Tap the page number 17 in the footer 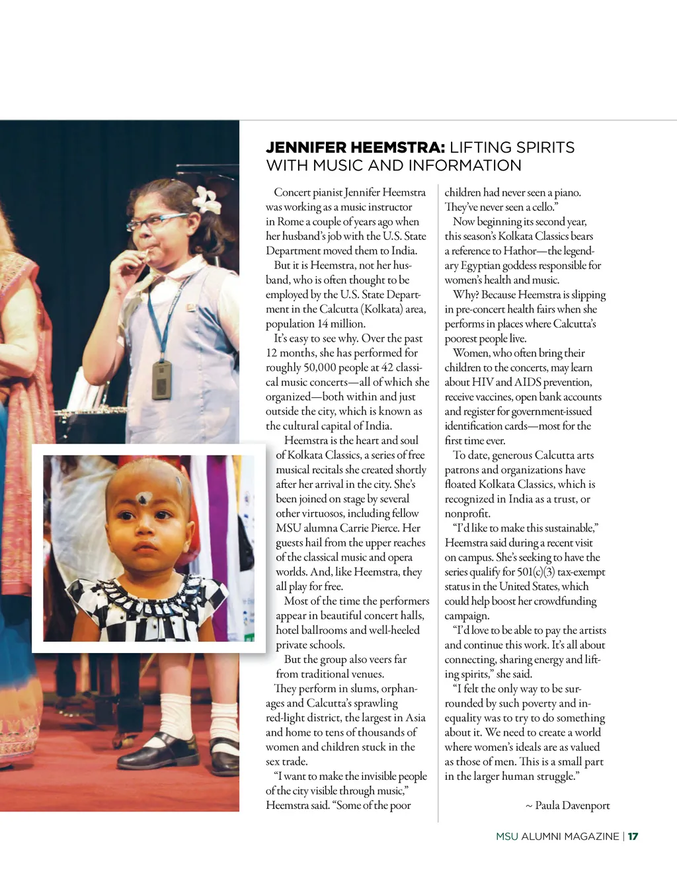pyautogui.click(x=633, y=836)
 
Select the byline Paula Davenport pyautogui.click(x=572, y=806)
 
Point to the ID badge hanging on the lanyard pyautogui.click(x=162, y=379)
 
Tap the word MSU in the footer pyautogui.click(x=507, y=836)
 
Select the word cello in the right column pyautogui.click(x=543, y=207)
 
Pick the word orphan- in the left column pyautogui.click(x=397, y=689)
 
